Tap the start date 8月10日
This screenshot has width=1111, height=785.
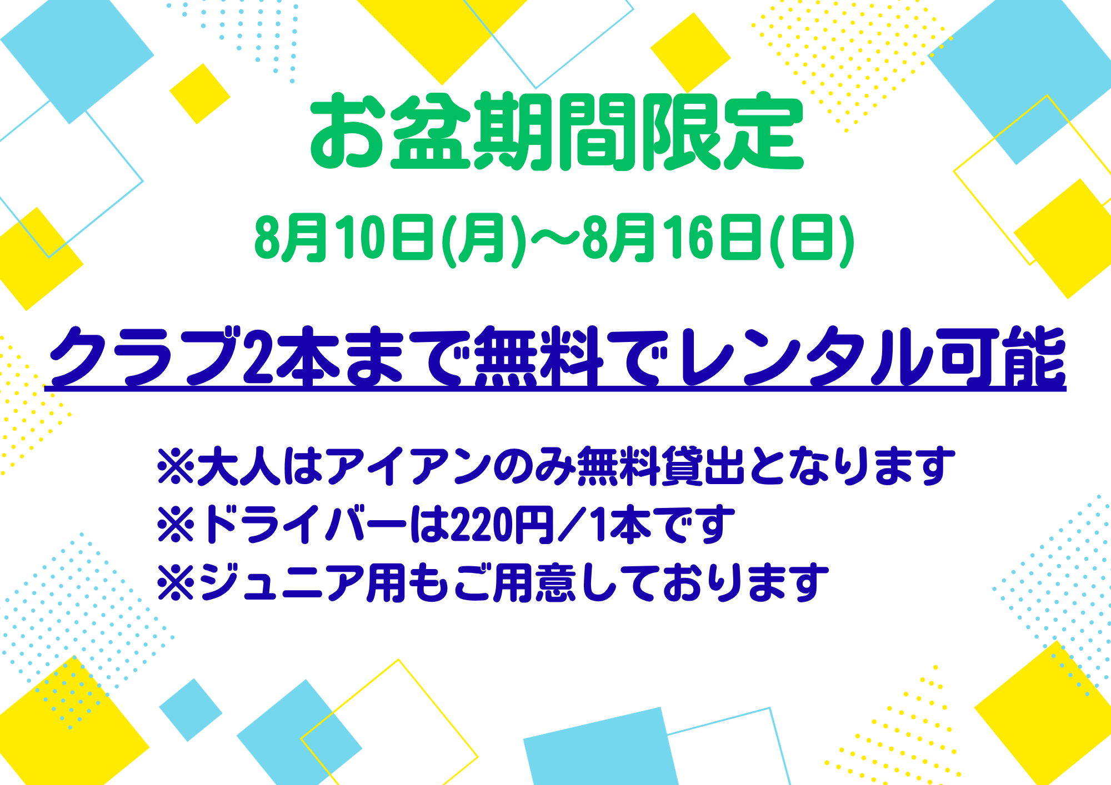pyautogui.click(x=344, y=238)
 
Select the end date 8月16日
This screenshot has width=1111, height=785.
pyautogui.click(x=672, y=238)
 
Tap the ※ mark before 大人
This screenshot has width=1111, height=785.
pyautogui.click(x=176, y=466)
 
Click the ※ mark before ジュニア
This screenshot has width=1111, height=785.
pyautogui.click(x=176, y=583)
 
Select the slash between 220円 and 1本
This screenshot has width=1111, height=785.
pyautogui.click(x=572, y=524)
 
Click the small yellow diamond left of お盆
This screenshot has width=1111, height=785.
pyautogui.click(x=200, y=94)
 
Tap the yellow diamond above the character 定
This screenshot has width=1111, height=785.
pyautogui.click(x=690, y=53)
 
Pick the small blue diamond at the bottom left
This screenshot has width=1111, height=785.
pyautogui.click(x=191, y=710)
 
